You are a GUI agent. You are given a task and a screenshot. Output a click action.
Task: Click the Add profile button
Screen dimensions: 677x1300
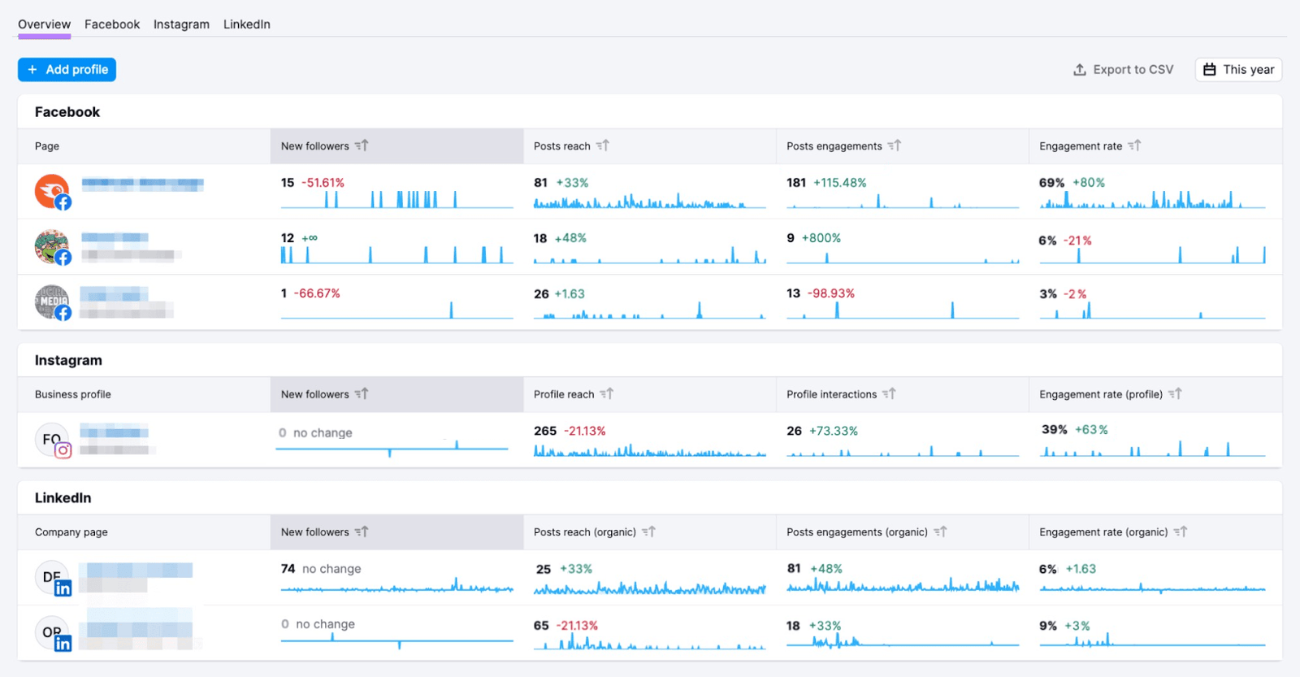coord(67,70)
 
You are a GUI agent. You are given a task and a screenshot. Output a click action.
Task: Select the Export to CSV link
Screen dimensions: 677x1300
coord(1124,70)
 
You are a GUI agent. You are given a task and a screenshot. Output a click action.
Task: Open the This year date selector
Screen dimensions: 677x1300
coord(1238,70)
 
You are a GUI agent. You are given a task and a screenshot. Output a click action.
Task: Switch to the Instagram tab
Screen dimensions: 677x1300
coord(181,24)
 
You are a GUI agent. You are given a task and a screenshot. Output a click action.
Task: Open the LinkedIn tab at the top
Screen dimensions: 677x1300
coord(247,24)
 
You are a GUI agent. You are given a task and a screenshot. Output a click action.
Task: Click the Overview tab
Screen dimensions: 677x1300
coord(45,24)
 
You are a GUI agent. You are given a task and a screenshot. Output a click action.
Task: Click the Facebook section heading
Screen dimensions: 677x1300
coord(67,112)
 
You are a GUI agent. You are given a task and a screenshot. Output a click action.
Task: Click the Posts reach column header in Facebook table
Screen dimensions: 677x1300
coord(562,146)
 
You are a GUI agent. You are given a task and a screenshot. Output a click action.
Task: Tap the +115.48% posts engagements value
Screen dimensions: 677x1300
coord(839,183)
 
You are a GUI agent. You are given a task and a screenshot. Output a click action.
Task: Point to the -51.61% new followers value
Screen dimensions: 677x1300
coord(323,183)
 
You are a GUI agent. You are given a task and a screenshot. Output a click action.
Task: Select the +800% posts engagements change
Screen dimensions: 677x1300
coord(821,238)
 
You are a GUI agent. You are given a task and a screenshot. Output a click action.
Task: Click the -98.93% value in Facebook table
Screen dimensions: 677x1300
coord(830,293)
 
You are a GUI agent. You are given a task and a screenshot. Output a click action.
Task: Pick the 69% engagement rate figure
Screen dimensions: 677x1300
coord(1051,183)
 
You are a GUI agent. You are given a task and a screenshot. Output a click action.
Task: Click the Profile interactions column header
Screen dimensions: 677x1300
coord(831,394)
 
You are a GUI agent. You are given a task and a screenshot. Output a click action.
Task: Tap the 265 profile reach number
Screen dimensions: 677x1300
coord(545,431)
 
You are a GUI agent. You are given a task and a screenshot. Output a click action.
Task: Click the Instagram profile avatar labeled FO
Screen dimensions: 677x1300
coord(52,440)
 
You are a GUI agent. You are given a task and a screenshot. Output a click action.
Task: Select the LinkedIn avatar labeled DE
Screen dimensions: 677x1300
coord(52,577)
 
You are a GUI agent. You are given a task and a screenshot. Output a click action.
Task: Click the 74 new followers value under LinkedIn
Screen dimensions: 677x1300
coord(288,569)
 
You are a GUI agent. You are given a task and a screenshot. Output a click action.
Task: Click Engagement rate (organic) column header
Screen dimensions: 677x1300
coord(1103,532)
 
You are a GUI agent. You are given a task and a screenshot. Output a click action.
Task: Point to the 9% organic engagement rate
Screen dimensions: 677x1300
coord(1048,626)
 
